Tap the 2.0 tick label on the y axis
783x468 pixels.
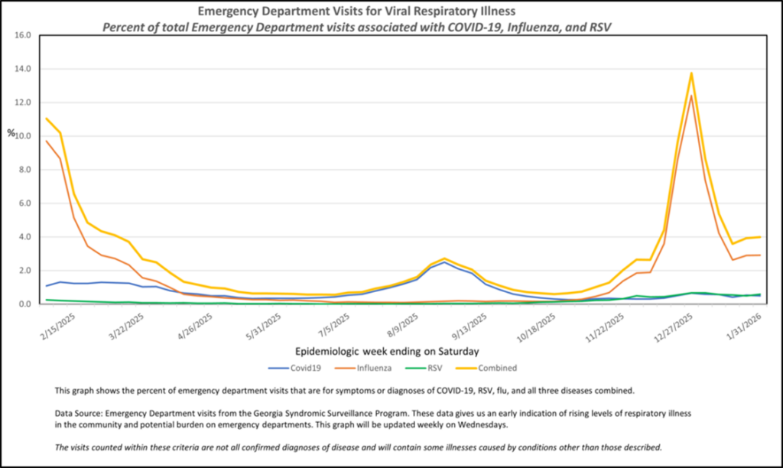pos(23,271)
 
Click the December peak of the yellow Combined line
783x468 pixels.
pos(691,73)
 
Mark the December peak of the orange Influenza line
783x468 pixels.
pos(691,96)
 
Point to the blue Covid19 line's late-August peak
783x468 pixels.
pos(444,262)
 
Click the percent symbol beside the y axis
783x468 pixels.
pos(11,133)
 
